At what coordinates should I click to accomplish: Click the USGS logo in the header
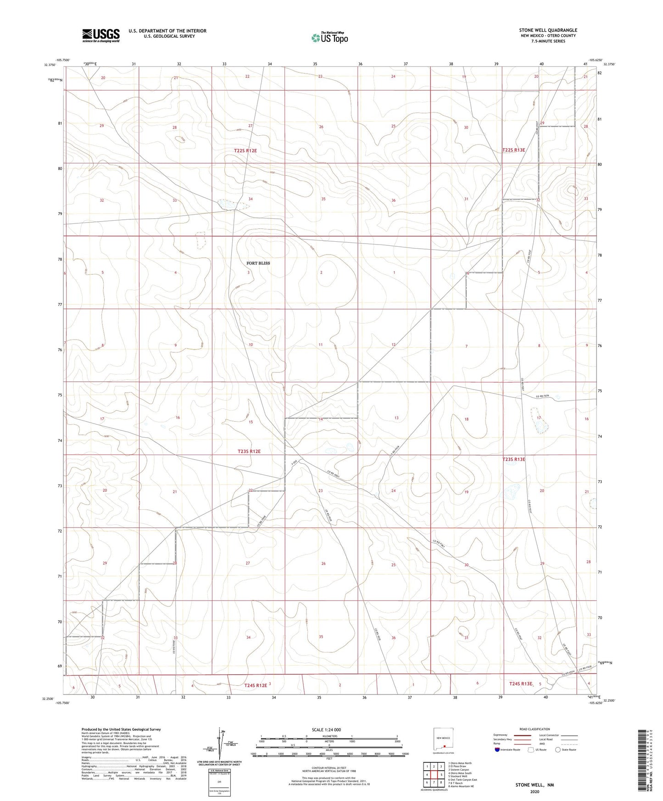101,35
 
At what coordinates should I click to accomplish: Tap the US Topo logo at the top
329,37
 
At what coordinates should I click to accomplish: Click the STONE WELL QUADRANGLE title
548,30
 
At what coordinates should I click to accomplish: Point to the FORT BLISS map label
258,263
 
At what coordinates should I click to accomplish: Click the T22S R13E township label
513,150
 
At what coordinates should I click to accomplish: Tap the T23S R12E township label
249,451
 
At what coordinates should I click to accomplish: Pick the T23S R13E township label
513,459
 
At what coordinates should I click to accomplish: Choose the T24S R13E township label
521,684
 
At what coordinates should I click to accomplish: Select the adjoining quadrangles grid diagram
434,776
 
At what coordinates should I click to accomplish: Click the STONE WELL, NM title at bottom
535,785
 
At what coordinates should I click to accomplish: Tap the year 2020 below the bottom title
535,791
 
